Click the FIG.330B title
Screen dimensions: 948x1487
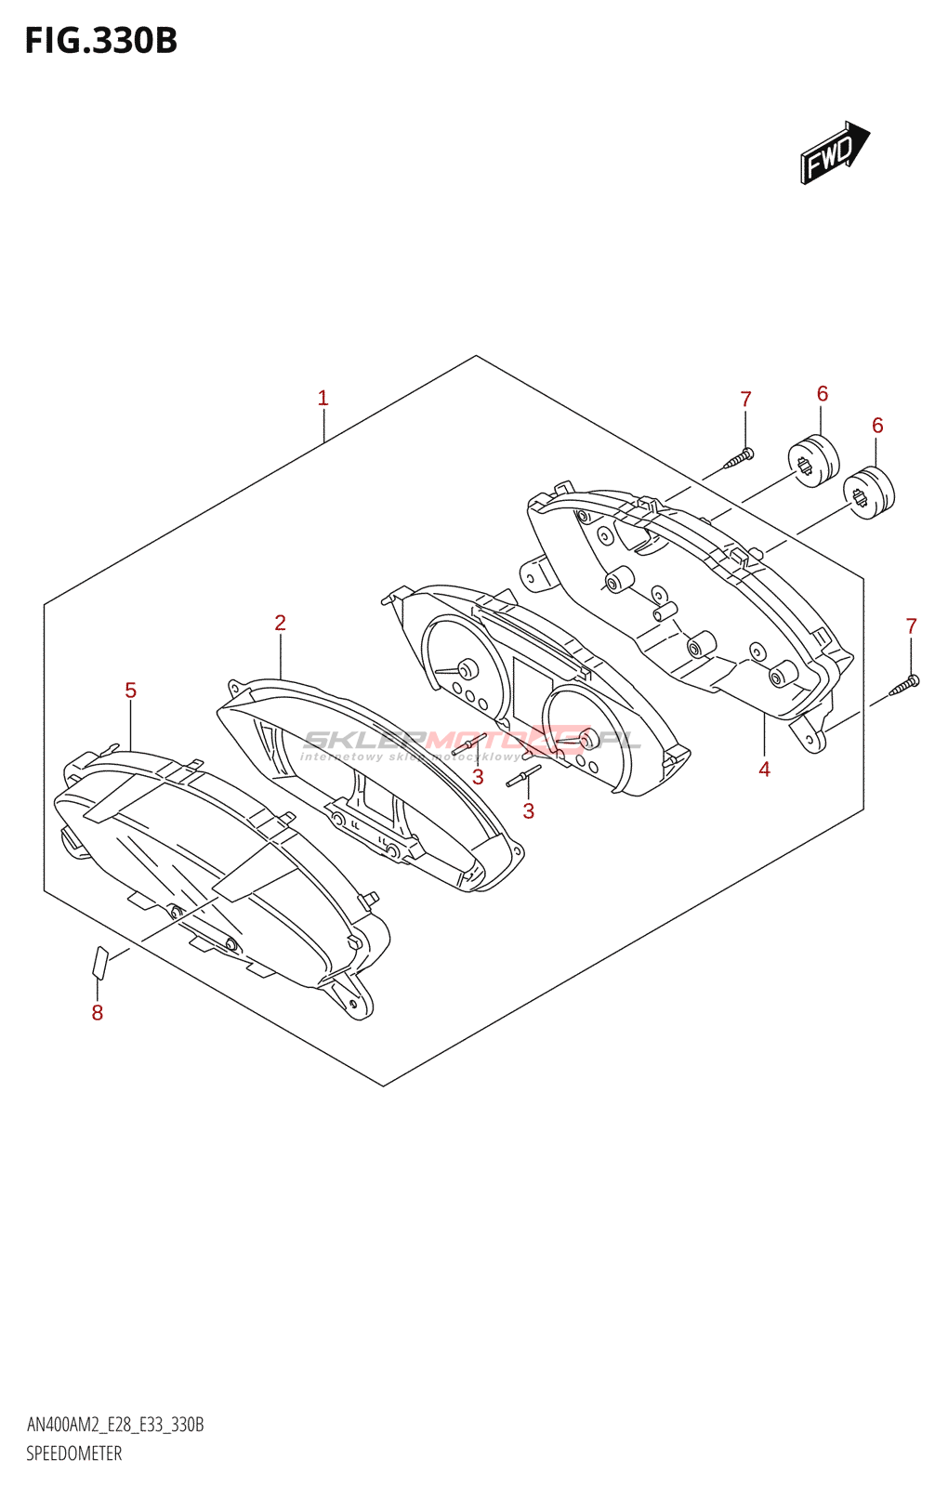pos(100,41)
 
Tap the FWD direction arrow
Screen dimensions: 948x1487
pos(834,152)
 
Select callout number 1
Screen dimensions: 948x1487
pos(323,399)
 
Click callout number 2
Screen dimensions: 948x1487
pos(280,624)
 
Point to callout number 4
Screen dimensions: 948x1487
pos(764,770)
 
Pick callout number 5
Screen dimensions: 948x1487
pos(130,691)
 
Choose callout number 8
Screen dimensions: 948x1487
pos(98,1013)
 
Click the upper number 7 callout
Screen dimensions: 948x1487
pos(745,400)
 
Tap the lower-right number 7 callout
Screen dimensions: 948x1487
pos(911,626)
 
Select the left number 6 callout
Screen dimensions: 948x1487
pos(823,394)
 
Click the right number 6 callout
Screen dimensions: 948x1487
pos(877,426)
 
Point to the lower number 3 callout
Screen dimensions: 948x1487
pos(528,811)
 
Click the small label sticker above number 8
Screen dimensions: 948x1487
pos(100,962)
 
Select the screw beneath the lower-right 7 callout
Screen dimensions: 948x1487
pos(904,686)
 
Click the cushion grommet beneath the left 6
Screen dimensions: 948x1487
pos(813,460)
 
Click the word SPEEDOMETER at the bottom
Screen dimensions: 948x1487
pos(73,1454)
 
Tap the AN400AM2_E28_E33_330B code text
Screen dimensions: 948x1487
pos(115,1425)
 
